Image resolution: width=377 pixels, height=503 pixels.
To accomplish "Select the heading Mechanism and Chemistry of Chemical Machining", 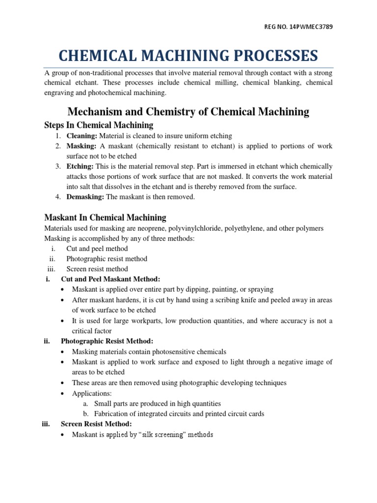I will pos(188,112).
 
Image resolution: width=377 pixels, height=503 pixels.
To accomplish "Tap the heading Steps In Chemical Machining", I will pos(99,125).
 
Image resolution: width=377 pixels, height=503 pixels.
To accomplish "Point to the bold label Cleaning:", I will pos(81,136).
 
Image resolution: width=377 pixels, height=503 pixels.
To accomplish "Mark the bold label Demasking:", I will pos(85,197).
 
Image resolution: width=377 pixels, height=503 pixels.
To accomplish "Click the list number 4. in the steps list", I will pos(58,197).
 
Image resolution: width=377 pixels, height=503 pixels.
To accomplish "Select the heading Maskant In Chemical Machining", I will pos(105,217).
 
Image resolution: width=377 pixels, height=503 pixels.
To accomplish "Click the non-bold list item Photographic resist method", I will pos(107,259).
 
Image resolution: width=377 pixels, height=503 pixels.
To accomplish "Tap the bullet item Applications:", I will pos(92,393).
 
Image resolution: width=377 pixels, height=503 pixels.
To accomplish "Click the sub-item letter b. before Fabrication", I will pos(85,414).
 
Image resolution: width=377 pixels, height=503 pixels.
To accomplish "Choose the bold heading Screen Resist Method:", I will pos(96,424).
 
